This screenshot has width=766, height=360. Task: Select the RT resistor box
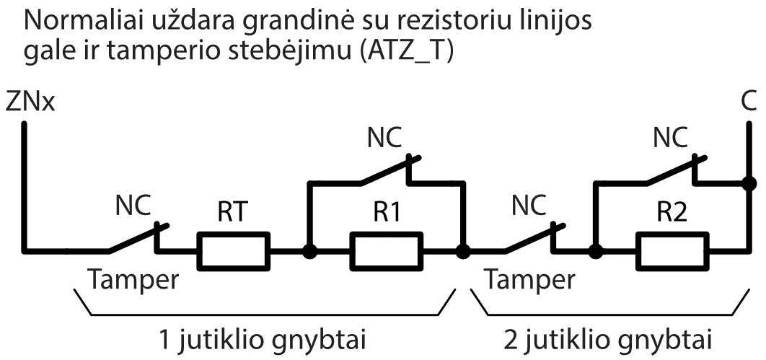click(233, 251)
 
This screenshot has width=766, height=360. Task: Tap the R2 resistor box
click(670, 251)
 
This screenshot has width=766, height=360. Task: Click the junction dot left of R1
click(309, 252)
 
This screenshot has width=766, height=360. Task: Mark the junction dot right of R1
click(463, 252)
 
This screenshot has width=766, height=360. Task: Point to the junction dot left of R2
click(595, 252)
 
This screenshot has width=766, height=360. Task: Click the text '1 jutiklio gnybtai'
click(264, 338)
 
